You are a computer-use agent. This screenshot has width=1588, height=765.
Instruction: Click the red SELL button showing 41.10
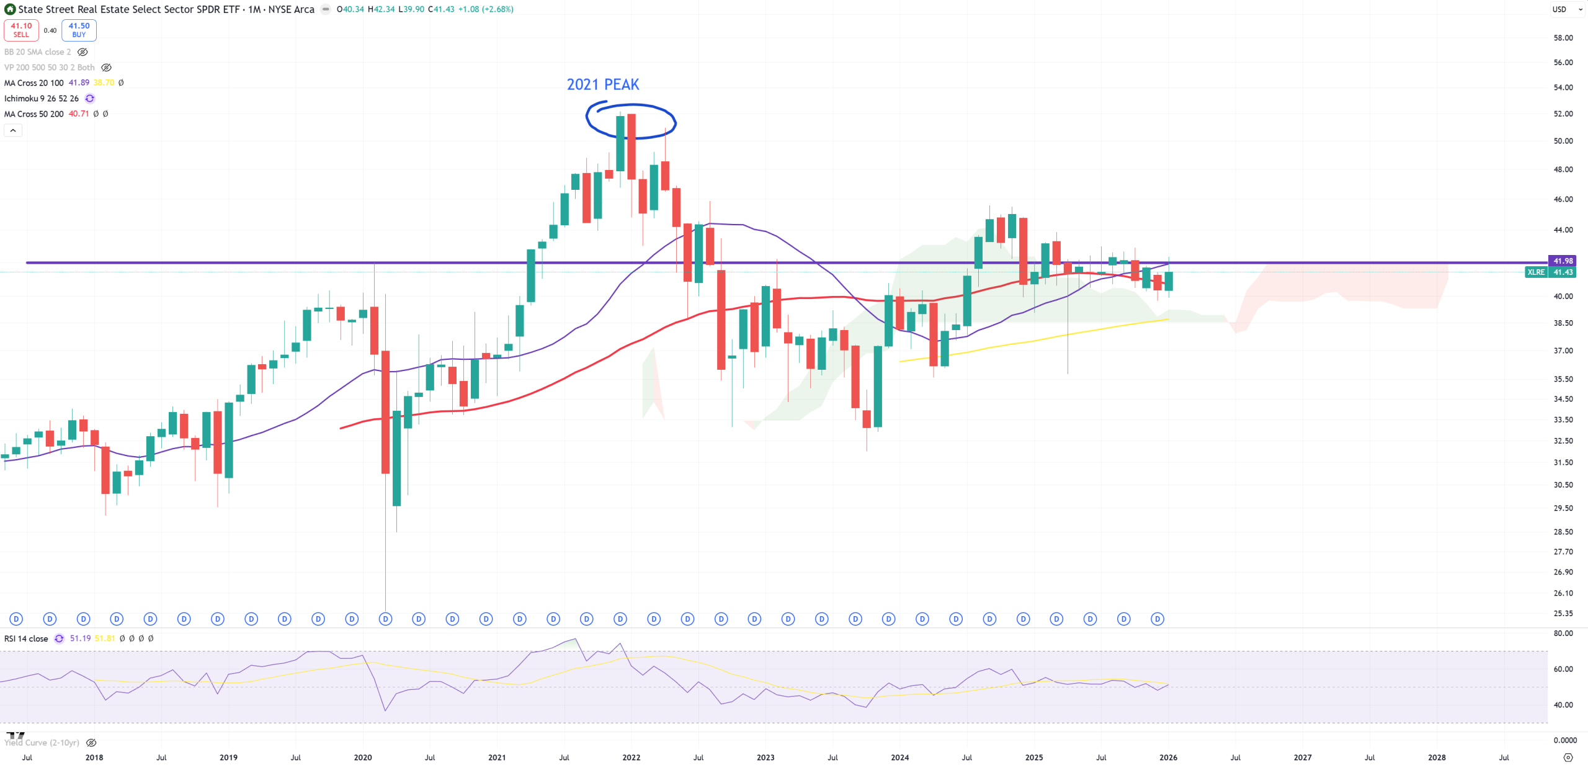(21, 30)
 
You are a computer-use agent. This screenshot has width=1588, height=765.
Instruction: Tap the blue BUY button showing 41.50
(79, 30)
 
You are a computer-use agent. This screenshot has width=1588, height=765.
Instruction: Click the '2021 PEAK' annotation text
(602, 84)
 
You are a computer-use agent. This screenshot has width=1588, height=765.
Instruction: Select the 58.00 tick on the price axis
(1563, 38)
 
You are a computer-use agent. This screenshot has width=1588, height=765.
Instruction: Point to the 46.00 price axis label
(1563, 199)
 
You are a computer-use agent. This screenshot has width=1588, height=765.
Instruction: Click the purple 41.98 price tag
(1563, 261)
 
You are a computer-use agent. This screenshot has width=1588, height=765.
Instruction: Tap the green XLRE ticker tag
(1536, 272)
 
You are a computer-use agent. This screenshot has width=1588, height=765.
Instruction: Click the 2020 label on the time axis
(363, 758)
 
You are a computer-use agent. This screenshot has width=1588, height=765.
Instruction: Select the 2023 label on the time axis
(765, 758)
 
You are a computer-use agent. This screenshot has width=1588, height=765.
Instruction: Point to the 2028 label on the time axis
(1437, 758)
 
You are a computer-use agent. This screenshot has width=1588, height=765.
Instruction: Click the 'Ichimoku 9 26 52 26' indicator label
(42, 99)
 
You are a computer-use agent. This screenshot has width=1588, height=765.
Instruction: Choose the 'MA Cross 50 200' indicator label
(34, 114)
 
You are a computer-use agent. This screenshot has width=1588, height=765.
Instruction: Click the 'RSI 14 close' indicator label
(26, 638)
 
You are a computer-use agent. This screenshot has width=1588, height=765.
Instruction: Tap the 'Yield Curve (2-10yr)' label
(42, 743)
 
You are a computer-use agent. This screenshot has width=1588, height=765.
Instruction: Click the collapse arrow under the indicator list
(13, 130)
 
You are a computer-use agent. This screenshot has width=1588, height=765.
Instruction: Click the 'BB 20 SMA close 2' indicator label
(37, 52)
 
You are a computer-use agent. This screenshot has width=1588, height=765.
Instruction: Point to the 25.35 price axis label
(1563, 614)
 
